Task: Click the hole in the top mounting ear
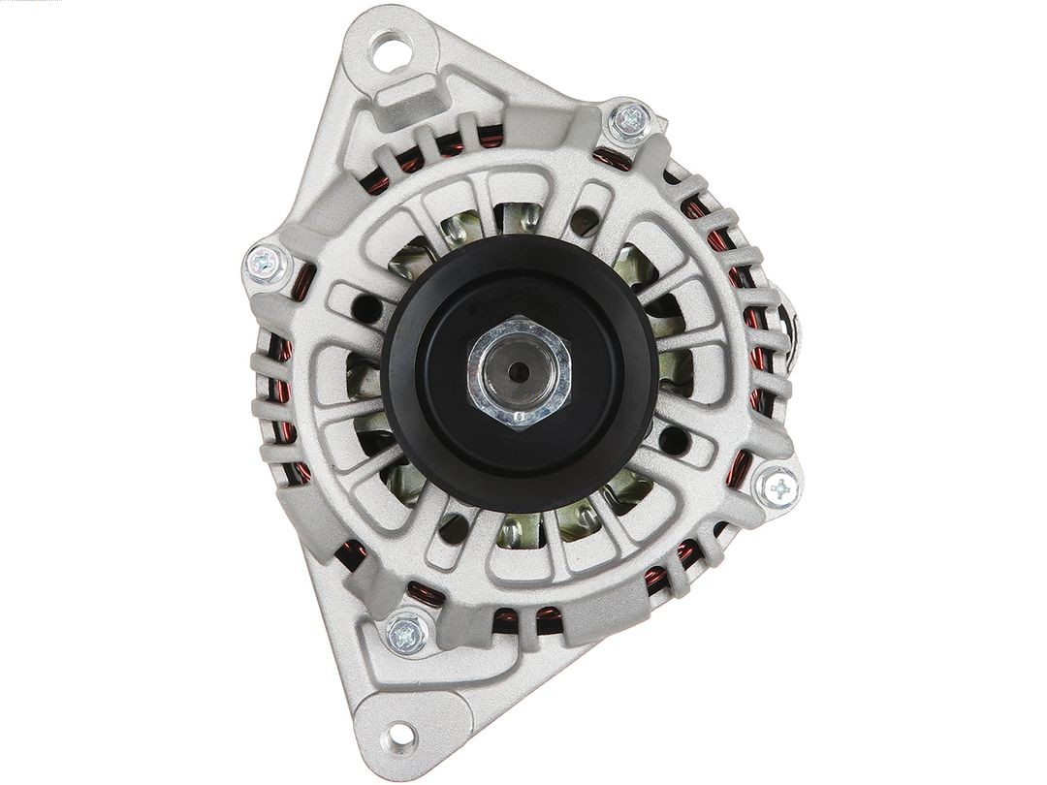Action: click(393, 47)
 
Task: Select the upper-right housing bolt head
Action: click(630, 120)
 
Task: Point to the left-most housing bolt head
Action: click(264, 262)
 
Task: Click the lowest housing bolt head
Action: click(407, 635)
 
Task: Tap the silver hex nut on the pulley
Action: click(519, 371)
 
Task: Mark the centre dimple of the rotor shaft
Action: click(519, 370)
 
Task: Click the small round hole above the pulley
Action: click(582, 222)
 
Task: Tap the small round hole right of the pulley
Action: click(670, 441)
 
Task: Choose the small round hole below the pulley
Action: click(452, 528)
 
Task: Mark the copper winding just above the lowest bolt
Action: click(424, 593)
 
